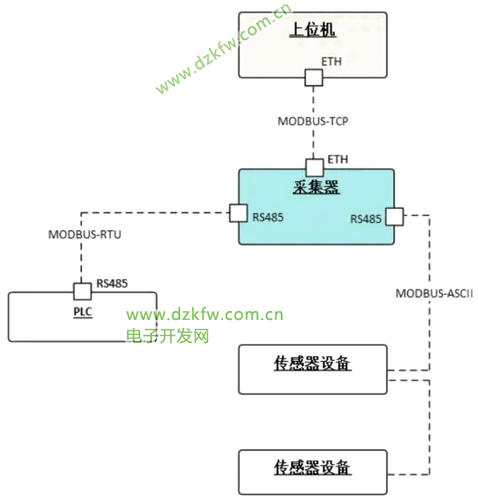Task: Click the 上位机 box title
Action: coord(313,30)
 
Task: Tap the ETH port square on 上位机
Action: coord(314,77)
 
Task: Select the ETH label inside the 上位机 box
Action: coord(331,61)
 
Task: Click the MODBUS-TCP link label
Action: coord(313,121)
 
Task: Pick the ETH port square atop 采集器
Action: coord(315,167)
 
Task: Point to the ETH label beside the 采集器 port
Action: coord(338,159)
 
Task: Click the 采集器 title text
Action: coord(316,187)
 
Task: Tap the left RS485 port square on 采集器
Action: coord(238,213)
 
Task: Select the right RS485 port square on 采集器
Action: coord(394,217)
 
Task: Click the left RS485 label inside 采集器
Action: coord(267,217)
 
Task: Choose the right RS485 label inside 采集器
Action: coord(366,220)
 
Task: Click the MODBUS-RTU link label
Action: coord(84,235)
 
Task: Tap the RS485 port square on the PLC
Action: coord(83,291)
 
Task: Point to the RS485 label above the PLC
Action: coord(112,283)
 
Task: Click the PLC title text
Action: coord(83,312)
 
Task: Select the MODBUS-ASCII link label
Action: coord(434,293)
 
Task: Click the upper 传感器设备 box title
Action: coord(313,363)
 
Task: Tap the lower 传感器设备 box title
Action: coord(313,467)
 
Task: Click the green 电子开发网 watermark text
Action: coord(167,336)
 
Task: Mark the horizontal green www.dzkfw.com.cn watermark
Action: coord(204,315)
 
